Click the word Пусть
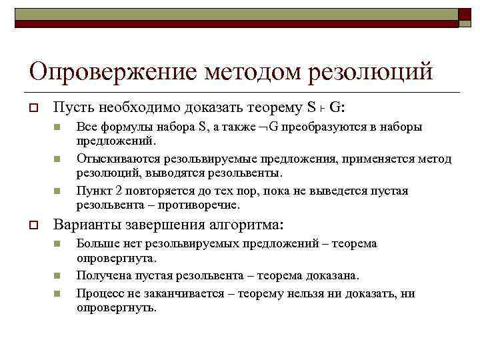point(69,107)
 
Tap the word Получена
point(101,275)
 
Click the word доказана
point(334,275)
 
